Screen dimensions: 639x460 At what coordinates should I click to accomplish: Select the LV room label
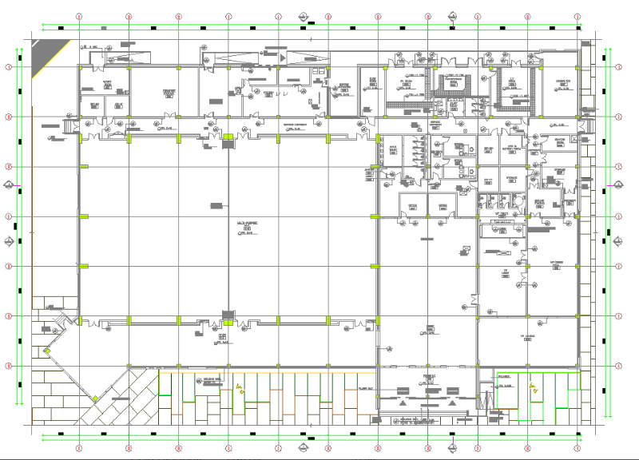click(511, 80)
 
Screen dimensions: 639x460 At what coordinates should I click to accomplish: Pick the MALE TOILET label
click(393, 148)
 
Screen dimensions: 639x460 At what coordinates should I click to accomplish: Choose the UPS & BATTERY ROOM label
click(512, 149)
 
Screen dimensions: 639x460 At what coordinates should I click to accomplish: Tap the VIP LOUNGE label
click(527, 336)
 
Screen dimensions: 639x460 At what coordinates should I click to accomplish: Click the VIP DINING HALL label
click(557, 264)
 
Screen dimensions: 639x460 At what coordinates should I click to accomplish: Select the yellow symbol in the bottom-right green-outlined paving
click(533, 388)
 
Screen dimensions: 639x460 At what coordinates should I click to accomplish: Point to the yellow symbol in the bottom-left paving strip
click(239, 391)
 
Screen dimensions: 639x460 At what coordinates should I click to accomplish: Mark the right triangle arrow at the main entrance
click(453, 403)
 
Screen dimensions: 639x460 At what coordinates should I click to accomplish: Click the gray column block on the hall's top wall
click(228, 137)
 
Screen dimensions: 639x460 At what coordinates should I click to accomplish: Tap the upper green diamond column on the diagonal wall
click(48, 351)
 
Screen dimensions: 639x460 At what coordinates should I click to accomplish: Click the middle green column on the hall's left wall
click(82, 216)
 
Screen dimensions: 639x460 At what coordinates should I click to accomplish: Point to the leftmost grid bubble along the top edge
click(79, 16)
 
